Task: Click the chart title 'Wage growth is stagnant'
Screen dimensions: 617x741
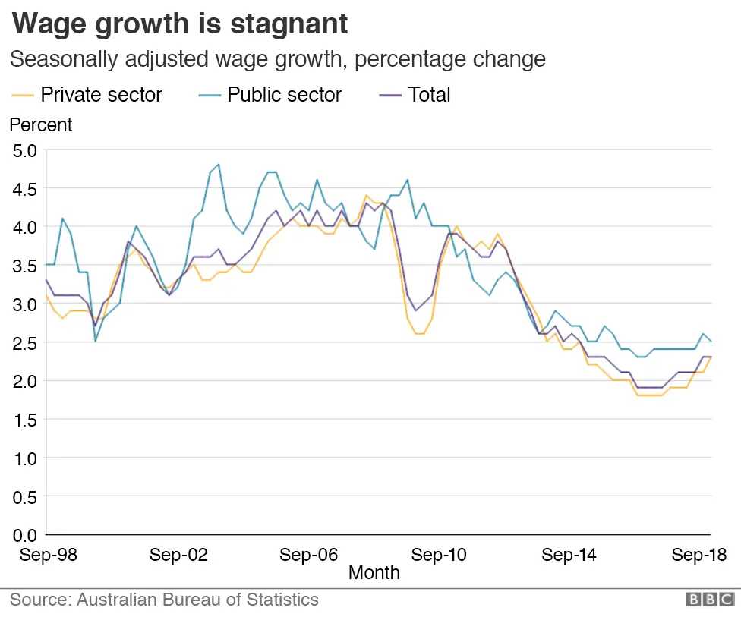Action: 180,24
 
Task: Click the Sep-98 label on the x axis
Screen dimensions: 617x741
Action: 48,555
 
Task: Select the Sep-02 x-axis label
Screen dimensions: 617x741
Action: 178,555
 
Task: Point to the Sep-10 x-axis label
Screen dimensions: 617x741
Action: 439,555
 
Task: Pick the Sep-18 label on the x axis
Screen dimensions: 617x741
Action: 698,555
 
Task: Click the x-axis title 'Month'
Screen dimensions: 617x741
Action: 374,573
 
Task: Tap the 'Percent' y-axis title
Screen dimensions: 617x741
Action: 41,124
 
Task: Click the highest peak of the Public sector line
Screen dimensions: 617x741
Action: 219,164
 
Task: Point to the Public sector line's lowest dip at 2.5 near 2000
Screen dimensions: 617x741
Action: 95,342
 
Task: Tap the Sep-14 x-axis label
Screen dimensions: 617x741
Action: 569,555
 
